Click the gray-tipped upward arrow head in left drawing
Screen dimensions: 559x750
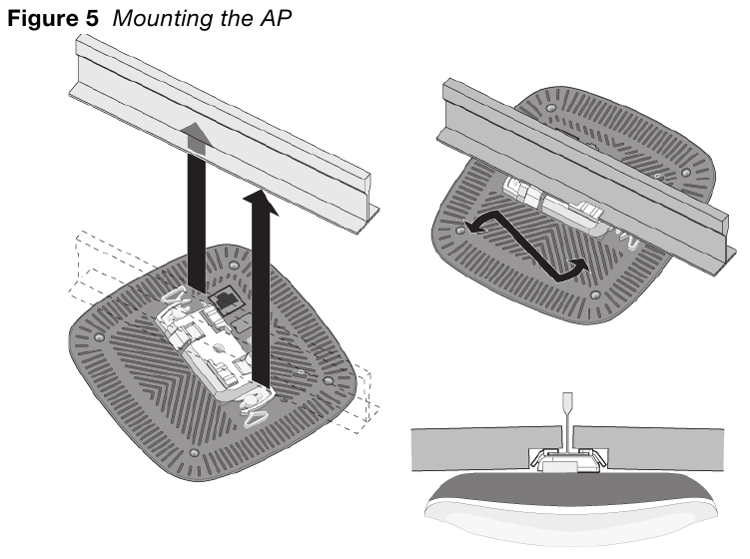point(197,141)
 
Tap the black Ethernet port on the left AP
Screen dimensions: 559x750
point(225,298)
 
